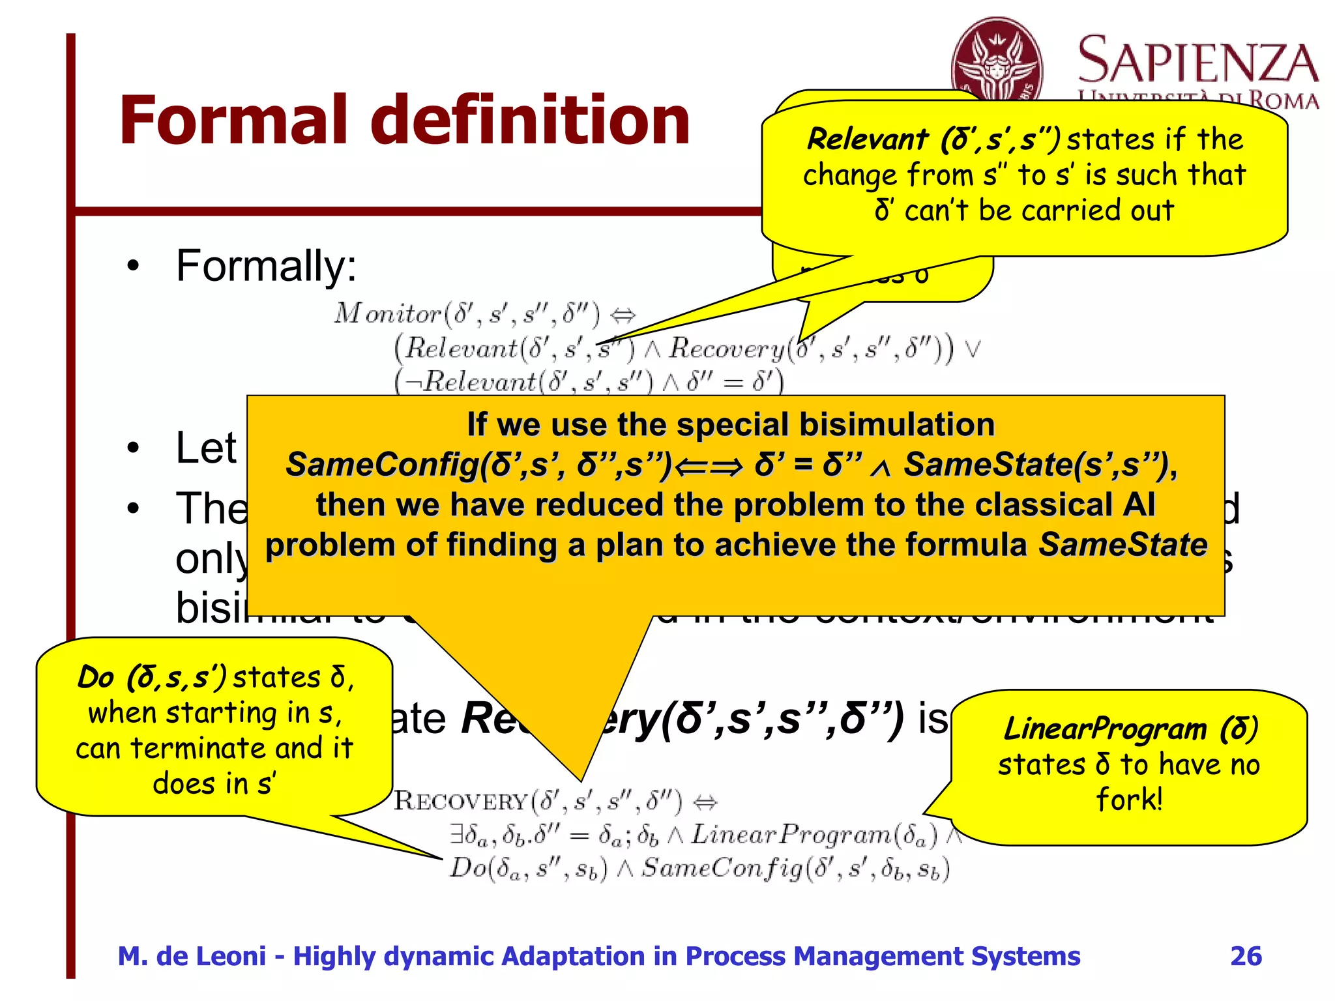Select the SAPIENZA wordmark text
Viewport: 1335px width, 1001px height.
pos(1198,62)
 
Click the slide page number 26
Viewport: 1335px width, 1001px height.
pos(1246,956)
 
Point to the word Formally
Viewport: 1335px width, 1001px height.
pos(266,266)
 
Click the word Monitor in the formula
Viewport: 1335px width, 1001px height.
pos(388,314)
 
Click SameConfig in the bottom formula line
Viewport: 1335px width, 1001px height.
pos(722,869)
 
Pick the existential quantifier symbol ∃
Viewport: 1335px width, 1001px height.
pos(457,834)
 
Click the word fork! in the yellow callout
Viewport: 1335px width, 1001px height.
pos(1129,799)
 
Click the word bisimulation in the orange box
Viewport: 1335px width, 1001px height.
pos(897,425)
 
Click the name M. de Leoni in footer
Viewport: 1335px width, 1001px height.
pos(192,956)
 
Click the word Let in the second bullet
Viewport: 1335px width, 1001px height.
pos(206,448)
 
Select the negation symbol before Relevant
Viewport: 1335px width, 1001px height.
pos(413,382)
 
